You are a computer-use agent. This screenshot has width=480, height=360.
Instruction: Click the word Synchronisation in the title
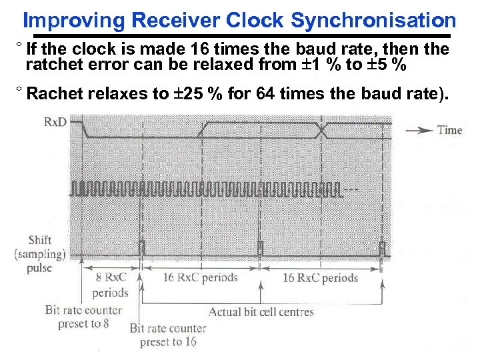click(x=373, y=21)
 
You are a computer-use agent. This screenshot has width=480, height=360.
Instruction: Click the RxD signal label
click(x=55, y=122)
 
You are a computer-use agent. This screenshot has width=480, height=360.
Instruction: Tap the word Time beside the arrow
click(x=449, y=130)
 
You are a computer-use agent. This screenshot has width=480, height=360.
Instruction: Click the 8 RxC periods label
click(x=110, y=285)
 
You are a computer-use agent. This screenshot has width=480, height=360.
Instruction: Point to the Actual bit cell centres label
click(x=261, y=311)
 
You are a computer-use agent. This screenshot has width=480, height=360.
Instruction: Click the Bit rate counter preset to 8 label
click(x=83, y=317)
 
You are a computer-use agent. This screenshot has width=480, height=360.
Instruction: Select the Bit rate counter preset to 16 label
click(x=168, y=335)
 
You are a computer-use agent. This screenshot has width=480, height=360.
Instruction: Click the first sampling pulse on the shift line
click(x=141, y=249)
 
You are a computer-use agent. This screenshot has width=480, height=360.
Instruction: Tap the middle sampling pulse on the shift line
click(x=261, y=249)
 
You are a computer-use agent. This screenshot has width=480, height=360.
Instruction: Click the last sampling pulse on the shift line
click(x=383, y=249)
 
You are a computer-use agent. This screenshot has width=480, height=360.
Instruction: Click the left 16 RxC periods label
click(x=200, y=277)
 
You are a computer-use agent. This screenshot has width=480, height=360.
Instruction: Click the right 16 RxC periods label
click(x=321, y=278)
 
